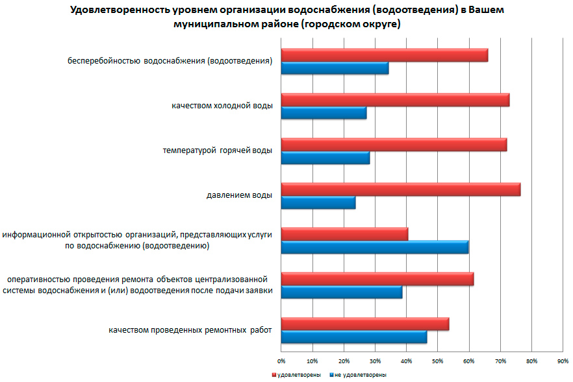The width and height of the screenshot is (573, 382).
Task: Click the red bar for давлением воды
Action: click(x=400, y=189)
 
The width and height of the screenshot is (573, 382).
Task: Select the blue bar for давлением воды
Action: click(x=318, y=203)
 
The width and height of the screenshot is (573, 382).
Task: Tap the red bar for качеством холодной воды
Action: click(x=395, y=100)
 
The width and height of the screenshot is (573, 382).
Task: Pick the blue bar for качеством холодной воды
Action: click(x=324, y=113)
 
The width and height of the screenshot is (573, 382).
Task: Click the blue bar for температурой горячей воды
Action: click(x=325, y=158)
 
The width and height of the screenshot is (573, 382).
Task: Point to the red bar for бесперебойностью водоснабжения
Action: click(x=384, y=55)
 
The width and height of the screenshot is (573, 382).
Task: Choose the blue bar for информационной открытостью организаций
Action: click(x=374, y=247)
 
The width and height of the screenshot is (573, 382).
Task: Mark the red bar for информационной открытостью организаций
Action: click(x=344, y=233)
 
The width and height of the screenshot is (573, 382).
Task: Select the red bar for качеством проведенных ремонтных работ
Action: click(x=365, y=324)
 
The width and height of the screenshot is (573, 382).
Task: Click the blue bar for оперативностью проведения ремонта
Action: click(x=341, y=292)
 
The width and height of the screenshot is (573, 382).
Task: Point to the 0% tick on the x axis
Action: click(x=281, y=361)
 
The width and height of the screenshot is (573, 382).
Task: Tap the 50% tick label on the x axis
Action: click(x=438, y=361)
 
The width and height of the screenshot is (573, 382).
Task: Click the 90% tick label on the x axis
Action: click(x=563, y=361)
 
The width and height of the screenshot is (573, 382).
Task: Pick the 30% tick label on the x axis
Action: click(x=375, y=361)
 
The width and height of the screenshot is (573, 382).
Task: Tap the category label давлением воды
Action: click(x=239, y=195)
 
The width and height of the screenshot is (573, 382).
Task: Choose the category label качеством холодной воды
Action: click(x=222, y=105)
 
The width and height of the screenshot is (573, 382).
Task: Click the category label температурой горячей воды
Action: click(x=217, y=150)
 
